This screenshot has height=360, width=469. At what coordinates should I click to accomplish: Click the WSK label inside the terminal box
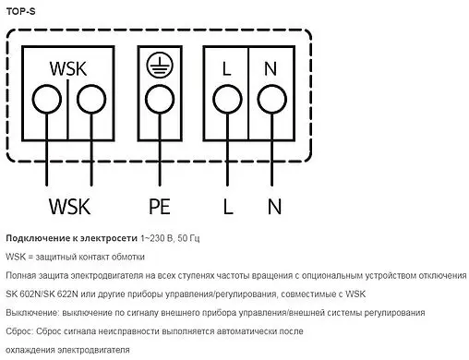(x=68, y=68)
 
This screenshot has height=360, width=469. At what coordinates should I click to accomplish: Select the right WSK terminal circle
(x=90, y=99)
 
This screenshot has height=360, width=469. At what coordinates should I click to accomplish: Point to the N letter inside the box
(x=271, y=68)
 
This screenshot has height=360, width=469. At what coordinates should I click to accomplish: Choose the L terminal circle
(x=227, y=99)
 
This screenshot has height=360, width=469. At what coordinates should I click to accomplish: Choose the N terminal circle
(x=271, y=99)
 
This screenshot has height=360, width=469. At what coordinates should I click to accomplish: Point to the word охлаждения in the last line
(x=33, y=351)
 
